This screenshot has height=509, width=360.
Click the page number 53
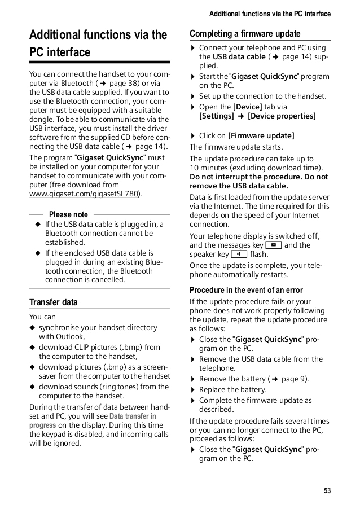[327, 490]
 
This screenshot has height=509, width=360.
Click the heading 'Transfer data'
[54, 302]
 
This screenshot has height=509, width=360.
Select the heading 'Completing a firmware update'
[245, 33]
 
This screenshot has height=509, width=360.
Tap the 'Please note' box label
[68, 214]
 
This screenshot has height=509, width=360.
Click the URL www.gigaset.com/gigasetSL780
[85, 194]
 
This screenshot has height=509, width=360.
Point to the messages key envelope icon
[274, 245]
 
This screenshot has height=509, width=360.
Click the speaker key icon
[239, 254]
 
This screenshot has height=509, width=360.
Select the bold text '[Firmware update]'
[261, 135]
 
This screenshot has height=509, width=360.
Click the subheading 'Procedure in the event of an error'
[246, 290]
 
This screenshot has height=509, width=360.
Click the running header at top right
[270, 14]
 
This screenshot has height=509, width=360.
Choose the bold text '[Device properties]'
[282, 116]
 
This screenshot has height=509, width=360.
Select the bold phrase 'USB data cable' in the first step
[239, 57]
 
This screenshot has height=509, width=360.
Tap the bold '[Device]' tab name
[248, 107]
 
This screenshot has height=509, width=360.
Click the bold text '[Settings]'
[216, 116]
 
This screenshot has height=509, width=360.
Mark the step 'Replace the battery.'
[233, 389]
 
